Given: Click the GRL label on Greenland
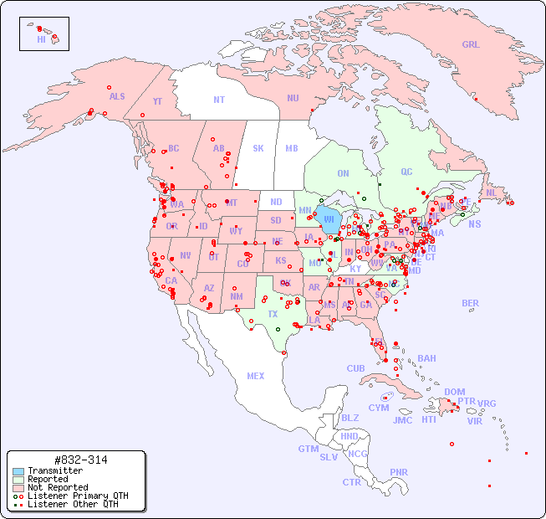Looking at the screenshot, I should click(x=471, y=45).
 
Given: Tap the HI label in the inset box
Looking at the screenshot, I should click(x=41, y=39).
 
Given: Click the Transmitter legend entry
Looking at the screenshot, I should click(x=55, y=471).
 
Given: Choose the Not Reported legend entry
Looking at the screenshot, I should click(x=58, y=487).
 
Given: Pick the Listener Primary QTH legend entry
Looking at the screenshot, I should click(x=78, y=496).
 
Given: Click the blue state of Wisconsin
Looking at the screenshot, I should click(x=329, y=221).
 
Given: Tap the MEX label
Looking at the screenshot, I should click(x=256, y=376).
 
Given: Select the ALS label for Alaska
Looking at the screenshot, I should click(x=117, y=96).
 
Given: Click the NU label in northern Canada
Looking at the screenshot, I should click(x=293, y=98).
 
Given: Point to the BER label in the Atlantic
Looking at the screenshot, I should click(x=470, y=303).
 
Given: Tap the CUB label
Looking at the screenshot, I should click(x=356, y=368).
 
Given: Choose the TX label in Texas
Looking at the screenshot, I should click(x=273, y=314).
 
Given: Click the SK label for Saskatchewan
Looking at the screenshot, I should click(x=258, y=148).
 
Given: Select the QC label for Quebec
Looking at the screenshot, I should click(x=406, y=172).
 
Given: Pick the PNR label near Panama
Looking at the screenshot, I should click(x=399, y=472).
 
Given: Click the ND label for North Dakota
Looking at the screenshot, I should click(x=276, y=202).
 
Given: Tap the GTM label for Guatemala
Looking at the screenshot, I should click(x=308, y=449).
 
